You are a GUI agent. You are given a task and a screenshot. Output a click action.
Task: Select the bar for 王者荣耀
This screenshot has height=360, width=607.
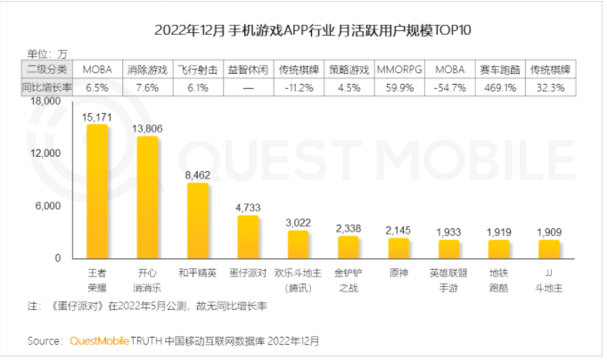pyautogui.click(x=96, y=191)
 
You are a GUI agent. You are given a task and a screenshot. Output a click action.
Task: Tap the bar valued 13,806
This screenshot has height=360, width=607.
pyautogui.click(x=147, y=197)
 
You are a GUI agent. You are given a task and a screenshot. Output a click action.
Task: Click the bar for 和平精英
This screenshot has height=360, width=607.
pyautogui.click(x=197, y=220)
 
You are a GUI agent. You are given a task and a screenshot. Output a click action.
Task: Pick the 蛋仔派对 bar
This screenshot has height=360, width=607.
pyautogui.click(x=247, y=236)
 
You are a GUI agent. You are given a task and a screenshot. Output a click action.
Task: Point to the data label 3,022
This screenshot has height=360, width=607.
pyautogui.click(x=298, y=221)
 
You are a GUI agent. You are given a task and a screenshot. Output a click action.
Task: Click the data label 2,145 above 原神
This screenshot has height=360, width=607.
pyautogui.click(x=398, y=230)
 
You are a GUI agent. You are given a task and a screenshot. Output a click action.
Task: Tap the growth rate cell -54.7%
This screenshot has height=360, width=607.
pyautogui.click(x=449, y=88)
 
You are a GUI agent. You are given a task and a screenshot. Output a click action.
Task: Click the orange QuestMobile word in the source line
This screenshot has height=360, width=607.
pyautogui.click(x=101, y=340)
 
